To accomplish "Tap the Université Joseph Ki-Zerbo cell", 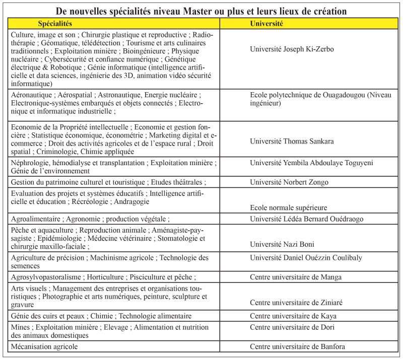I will click(x=292, y=49).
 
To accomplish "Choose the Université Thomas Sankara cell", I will click(x=292, y=141).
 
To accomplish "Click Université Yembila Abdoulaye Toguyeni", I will click(x=312, y=163).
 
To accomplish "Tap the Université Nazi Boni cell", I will click(x=282, y=244).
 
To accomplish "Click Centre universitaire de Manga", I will click(x=296, y=277).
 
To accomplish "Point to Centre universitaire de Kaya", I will click(x=293, y=316).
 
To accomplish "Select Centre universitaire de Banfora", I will click(x=298, y=346).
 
